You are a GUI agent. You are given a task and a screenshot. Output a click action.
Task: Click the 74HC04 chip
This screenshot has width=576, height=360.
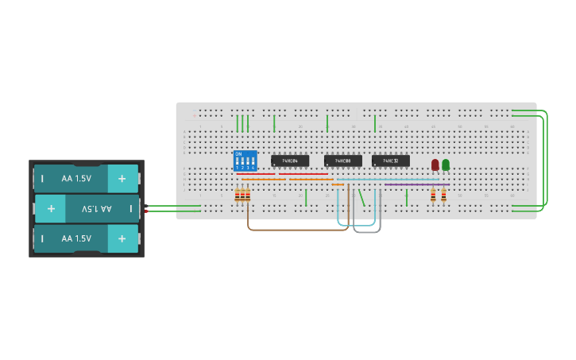(x=289, y=161)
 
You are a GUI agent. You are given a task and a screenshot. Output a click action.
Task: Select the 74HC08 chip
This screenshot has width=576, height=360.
(x=342, y=161)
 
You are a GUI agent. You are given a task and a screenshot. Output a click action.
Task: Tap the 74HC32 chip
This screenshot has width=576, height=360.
(x=390, y=161)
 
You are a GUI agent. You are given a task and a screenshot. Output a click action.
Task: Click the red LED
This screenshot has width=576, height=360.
(x=435, y=165)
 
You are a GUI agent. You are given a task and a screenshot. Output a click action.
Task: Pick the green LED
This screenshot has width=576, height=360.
(x=446, y=165)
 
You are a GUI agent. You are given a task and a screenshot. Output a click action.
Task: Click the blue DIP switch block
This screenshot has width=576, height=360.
(x=245, y=161)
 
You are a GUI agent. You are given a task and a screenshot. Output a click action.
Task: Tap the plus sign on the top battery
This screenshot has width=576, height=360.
(x=122, y=179)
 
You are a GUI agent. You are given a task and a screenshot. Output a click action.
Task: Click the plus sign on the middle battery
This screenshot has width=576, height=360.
(x=51, y=209)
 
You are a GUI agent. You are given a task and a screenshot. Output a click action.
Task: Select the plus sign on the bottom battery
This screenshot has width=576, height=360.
(x=122, y=238)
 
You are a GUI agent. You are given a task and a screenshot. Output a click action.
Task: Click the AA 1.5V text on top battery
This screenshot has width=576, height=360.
(x=76, y=179)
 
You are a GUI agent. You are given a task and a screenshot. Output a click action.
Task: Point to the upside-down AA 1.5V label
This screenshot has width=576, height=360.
(x=96, y=209)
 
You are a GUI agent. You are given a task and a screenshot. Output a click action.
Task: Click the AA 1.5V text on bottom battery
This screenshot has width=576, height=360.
(x=76, y=238)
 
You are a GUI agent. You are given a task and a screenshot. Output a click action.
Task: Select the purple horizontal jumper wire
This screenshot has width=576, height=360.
(x=416, y=185)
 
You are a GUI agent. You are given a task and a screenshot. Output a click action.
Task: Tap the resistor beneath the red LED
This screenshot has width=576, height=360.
(x=433, y=195)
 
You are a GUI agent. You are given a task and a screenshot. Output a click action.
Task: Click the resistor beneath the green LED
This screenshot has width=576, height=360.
(x=443, y=195)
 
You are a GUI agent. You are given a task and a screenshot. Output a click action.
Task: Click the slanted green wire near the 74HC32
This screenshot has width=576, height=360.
(x=362, y=197)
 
